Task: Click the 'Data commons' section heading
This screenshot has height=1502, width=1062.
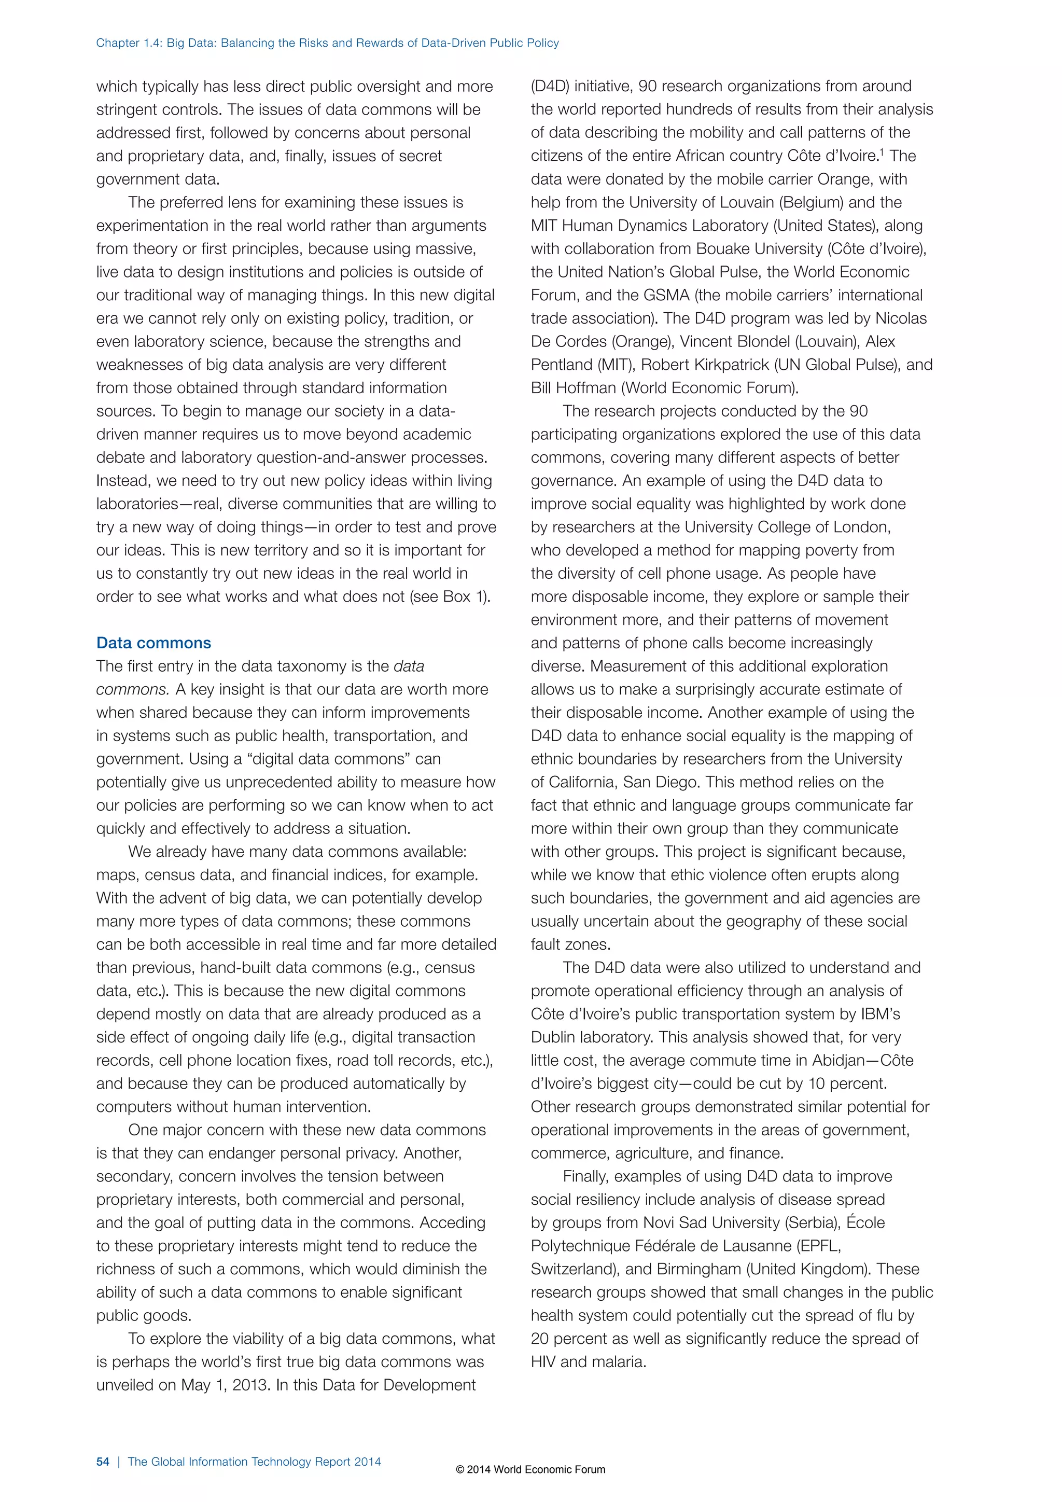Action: [x=153, y=643]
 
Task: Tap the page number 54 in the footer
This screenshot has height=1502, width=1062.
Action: [x=103, y=1462]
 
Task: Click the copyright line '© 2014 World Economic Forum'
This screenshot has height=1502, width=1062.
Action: [x=530, y=1469]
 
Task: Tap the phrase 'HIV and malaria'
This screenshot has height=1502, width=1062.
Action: [x=588, y=1362]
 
